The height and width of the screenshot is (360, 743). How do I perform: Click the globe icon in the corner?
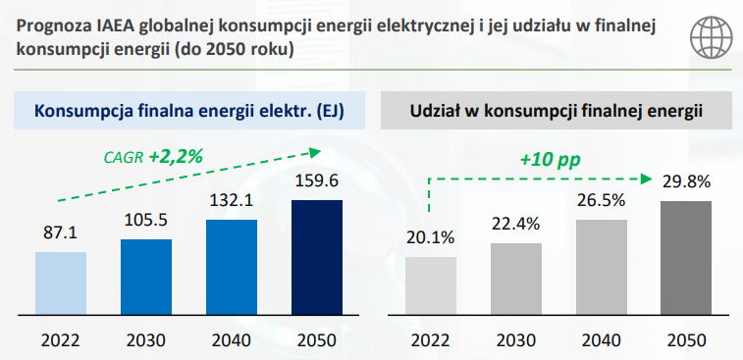(x=711, y=37)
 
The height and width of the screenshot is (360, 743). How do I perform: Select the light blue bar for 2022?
(x=61, y=283)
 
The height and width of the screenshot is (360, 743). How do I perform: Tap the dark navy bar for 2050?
(x=316, y=257)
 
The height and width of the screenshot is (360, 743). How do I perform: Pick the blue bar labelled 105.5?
(x=146, y=277)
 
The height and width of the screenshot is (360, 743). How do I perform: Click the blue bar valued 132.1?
(x=232, y=267)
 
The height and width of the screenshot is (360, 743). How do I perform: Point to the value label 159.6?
(x=316, y=180)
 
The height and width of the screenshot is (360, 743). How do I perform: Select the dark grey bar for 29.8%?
(x=686, y=258)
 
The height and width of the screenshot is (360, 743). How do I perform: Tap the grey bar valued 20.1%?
(x=431, y=285)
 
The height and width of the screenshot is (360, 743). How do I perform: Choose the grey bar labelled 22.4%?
(x=516, y=279)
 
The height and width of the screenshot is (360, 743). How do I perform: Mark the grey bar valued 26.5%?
(x=602, y=267)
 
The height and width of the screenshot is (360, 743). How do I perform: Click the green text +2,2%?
(x=176, y=157)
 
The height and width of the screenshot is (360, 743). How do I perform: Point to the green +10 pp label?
(x=550, y=161)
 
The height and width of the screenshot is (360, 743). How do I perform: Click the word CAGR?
(x=124, y=158)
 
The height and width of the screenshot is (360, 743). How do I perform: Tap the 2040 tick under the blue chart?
(x=232, y=340)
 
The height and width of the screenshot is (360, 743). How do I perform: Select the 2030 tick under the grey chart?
(x=516, y=340)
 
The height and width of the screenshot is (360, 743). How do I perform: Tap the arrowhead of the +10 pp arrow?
(x=646, y=179)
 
